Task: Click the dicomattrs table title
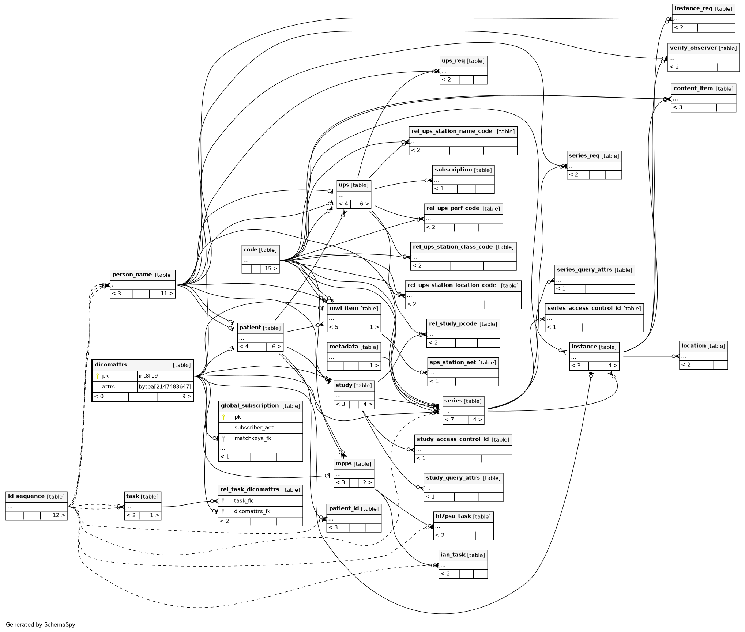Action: pyautogui.click(x=111, y=364)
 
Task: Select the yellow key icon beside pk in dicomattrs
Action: pyautogui.click(x=97, y=376)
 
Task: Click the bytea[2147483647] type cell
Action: pyautogui.click(x=165, y=386)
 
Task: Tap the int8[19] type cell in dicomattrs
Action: pyautogui.click(x=165, y=376)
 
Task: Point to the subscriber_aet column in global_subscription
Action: pyautogui.click(x=254, y=427)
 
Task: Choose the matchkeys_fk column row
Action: pyautogui.click(x=260, y=438)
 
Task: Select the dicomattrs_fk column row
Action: pyautogui.click(x=260, y=511)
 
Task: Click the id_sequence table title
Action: pyautogui.click(x=36, y=496)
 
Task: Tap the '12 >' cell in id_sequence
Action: pyautogui.click(x=54, y=515)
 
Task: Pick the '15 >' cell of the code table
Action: pyautogui.click(x=270, y=269)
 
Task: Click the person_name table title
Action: pyautogui.click(x=142, y=275)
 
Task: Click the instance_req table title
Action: pyautogui.click(x=703, y=9)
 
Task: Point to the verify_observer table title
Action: pyautogui.click(x=703, y=48)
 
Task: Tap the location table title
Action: pyautogui.click(x=703, y=346)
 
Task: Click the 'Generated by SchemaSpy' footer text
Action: pyautogui.click(x=41, y=624)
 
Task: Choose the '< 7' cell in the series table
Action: pyautogui.click(x=451, y=420)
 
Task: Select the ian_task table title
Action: pyautogui.click(x=463, y=555)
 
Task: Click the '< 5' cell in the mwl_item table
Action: pyautogui.click(x=337, y=327)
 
